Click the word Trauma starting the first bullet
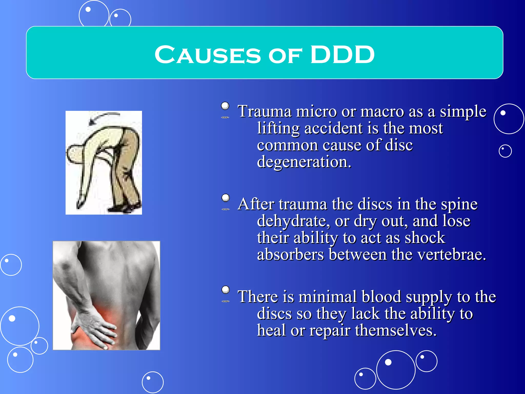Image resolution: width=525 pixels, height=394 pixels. pos(264,112)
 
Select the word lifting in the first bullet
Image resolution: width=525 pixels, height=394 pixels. pos(278,128)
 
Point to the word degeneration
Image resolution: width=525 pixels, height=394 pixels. pos(304,162)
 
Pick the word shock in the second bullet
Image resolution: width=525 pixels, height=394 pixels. pos(425,238)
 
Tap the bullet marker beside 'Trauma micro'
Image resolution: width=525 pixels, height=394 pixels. pos(225,106)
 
